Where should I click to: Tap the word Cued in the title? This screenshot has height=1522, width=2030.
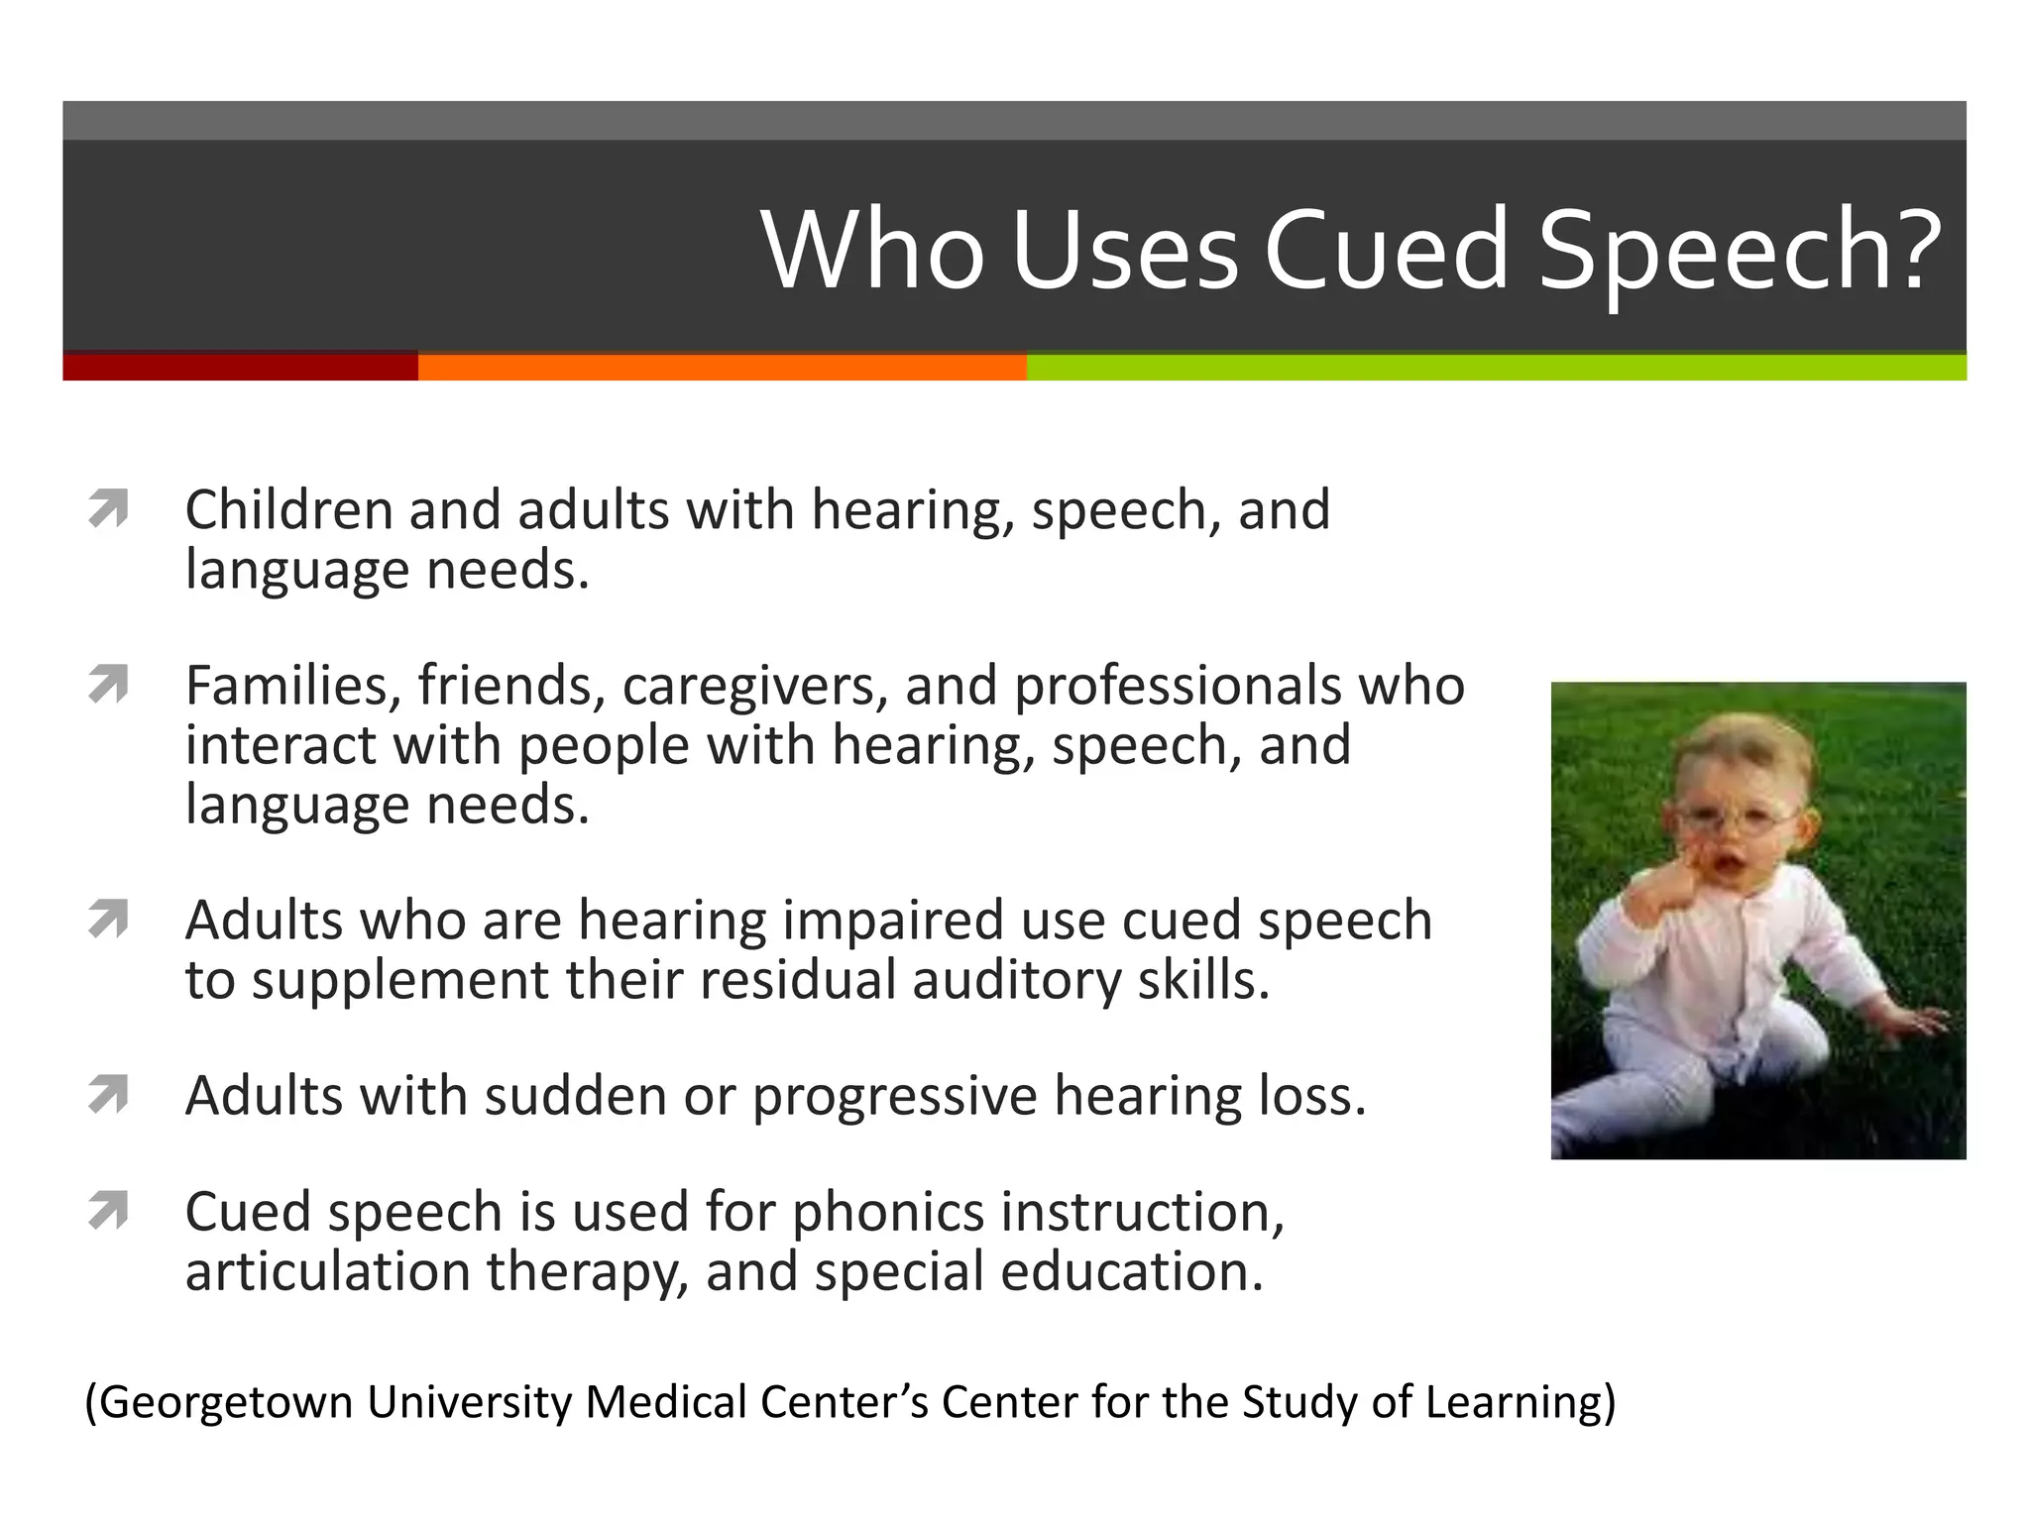coord(1386,250)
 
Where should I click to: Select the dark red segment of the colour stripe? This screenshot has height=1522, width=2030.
coord(240,367)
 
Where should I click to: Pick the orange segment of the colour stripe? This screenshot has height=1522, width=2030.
coord(722,367)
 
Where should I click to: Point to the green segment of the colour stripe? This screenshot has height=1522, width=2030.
coord(1496,367)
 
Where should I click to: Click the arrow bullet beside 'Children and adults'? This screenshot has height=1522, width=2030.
coord(108,509)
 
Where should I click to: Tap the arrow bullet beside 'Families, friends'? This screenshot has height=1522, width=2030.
coord(108,685)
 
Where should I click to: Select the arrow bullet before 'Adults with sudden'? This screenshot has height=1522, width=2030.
coord(108,1095)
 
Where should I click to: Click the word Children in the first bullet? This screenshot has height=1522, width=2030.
coord(289,509)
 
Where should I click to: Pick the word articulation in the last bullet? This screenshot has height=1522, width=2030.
coord(327,1271)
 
